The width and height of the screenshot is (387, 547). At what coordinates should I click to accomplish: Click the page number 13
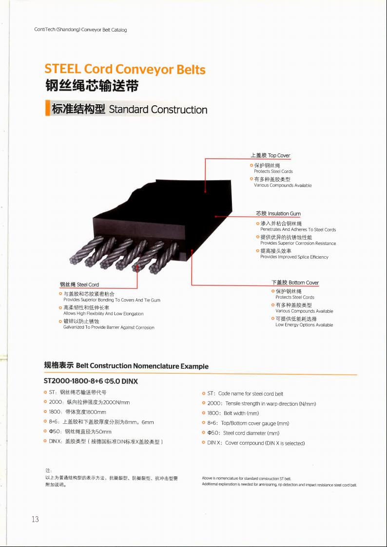point(35,519)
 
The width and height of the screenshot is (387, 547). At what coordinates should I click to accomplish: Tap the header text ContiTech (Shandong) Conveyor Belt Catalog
point(80,30)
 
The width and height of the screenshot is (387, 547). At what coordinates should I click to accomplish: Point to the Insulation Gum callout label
point(278,213)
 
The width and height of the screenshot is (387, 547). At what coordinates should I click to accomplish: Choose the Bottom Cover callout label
point(295,283)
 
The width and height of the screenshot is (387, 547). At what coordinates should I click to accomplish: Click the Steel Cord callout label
point(79,284)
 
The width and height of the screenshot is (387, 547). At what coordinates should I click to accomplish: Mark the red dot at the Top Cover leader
point(205,191)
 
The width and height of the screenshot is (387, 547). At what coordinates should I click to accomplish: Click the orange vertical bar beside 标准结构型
point(46,109)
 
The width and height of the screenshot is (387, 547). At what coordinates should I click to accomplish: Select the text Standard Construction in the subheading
point(158,110)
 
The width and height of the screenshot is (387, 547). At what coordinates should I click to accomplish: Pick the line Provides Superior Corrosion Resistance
point(298,243)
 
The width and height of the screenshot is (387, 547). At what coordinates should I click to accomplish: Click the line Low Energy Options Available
point(304,325)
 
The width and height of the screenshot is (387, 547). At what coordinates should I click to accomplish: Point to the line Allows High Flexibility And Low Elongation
point(103,314)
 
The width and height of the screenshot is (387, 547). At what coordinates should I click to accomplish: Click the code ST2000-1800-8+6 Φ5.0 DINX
point(91,381)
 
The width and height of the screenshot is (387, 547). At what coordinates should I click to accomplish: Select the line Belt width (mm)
point(234,414)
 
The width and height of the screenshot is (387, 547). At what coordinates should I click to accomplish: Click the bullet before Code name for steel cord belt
point(203,394)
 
